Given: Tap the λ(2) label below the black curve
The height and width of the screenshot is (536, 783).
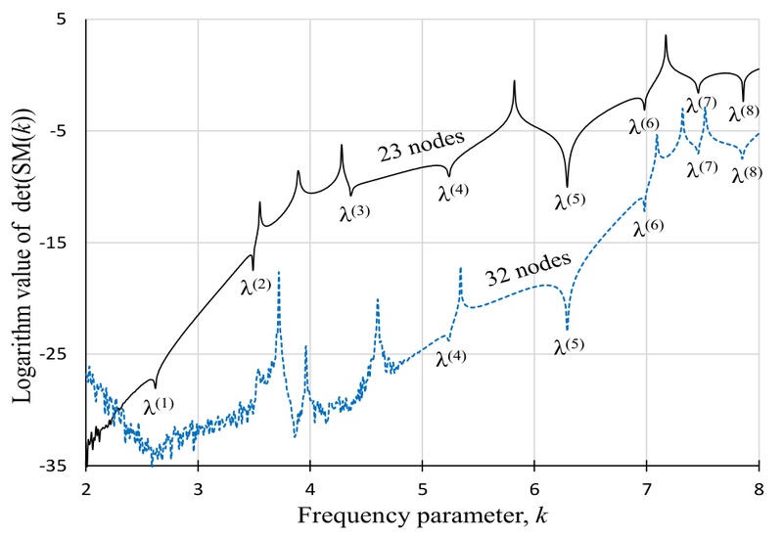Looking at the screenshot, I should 254,287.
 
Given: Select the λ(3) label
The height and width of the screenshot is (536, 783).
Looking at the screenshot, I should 354,211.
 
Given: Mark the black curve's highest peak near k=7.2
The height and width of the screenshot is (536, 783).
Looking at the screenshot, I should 666,36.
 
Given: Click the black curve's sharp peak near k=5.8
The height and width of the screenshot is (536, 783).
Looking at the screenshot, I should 514,82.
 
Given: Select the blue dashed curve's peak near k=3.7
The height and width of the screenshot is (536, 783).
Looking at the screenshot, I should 279,273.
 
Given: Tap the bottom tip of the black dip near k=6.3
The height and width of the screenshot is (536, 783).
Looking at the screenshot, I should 567,186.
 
